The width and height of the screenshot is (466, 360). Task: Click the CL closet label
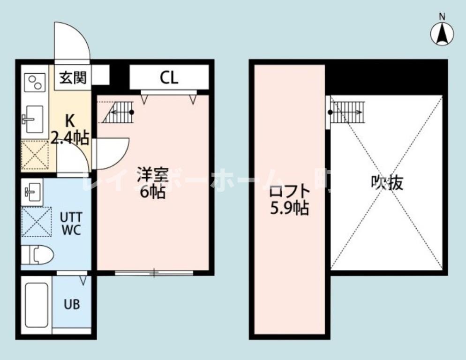click(169, 78)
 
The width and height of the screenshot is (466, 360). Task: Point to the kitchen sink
click(33, 119)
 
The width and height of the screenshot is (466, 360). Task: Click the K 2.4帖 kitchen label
click(70, 128)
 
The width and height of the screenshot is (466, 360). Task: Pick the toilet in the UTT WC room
click(37, 255)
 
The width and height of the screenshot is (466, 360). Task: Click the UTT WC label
click(71, 224)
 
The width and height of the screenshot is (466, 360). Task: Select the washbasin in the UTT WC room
click(32, 190)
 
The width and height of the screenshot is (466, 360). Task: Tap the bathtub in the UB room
click(37, 304)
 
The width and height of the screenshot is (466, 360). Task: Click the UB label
click(71, 304)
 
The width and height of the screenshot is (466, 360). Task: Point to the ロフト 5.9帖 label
click(289, 200)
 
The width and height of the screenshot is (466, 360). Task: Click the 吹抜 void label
click(387, 183)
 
